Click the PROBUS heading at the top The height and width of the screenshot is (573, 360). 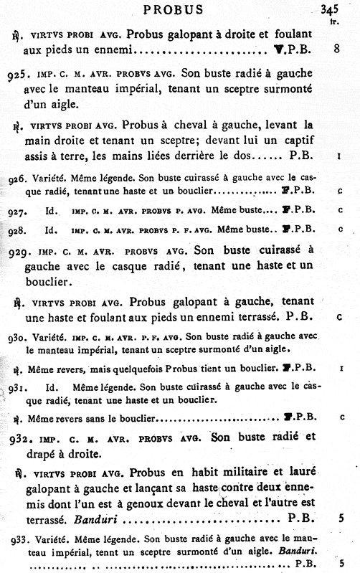pos(174,10)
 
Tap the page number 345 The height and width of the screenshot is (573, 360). pos(331,10)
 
